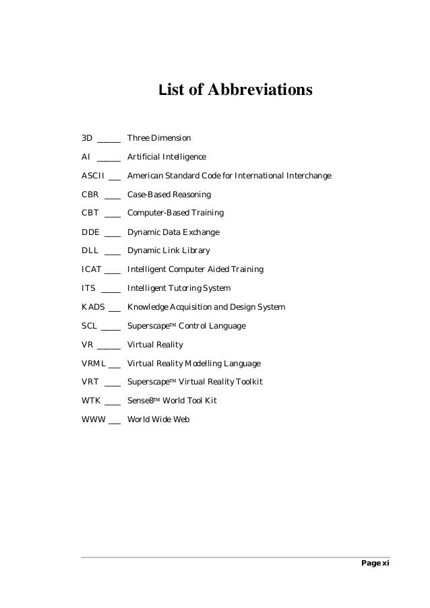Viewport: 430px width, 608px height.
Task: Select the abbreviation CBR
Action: (91, 195)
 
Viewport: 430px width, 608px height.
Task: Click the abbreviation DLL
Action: (90, 250)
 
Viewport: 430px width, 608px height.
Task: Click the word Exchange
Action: (202, 232)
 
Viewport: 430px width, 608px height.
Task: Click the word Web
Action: (181, 419)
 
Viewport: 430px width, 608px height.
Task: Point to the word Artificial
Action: (144, 157)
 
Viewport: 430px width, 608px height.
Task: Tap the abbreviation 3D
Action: (87, 138)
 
